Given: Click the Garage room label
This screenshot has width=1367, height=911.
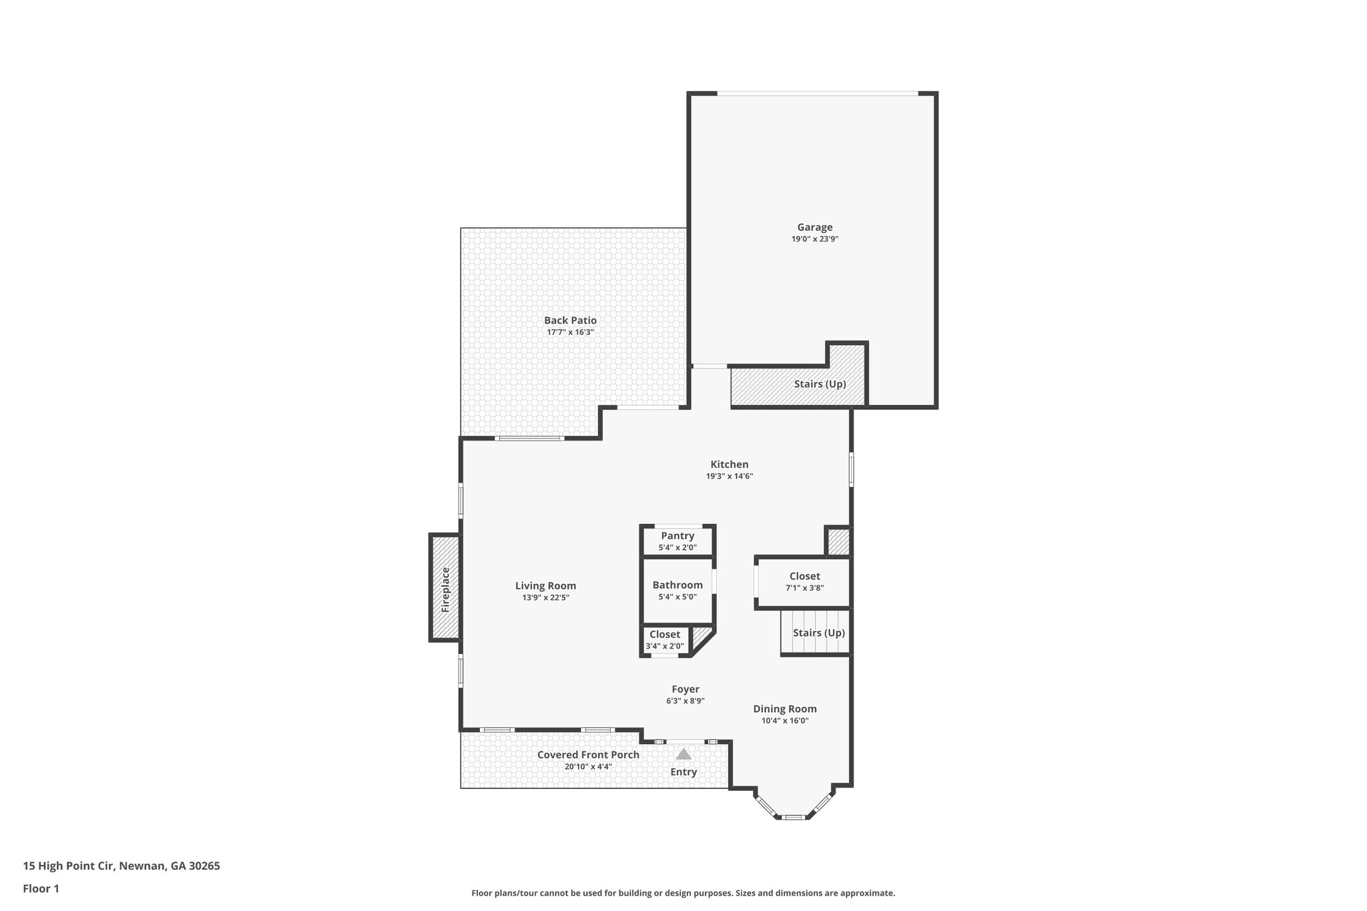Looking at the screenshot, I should tap(814, 228).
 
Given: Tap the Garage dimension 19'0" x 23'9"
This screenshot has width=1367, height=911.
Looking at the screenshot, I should tap(814, 239).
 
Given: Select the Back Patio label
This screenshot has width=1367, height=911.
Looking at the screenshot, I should tap(570, 320).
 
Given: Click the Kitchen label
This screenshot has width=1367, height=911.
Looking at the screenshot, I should tap(729, 465).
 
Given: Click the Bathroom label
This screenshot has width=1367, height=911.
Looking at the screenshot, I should tap(677, 585).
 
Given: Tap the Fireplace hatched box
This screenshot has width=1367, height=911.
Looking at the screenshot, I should tap(445, 588).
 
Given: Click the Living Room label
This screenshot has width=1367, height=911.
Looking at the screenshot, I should tap(545, 586).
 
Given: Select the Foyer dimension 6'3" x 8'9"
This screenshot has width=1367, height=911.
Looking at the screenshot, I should tap(685, 701).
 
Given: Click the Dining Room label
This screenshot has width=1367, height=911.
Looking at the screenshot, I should tap(784, 709).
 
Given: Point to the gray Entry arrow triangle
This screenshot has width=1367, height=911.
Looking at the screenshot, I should tap(683, 754).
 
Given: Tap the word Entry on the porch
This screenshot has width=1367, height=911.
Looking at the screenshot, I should tap(683, 772).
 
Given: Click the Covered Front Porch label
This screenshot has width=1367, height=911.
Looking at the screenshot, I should tap(588, 755).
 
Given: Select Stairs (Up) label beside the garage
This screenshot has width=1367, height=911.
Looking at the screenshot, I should tap(820, 384).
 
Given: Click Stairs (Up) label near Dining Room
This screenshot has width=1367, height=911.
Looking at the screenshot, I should tap(818, 633).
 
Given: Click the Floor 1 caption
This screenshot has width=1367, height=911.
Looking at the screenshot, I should tap(41, 888).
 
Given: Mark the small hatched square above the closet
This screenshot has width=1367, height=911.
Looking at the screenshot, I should tap(838, 541).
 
